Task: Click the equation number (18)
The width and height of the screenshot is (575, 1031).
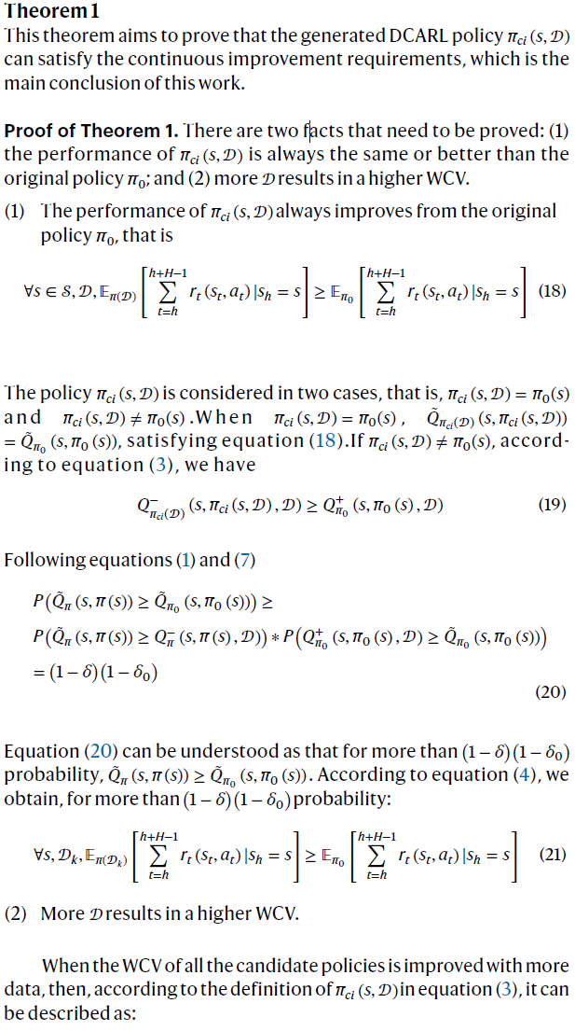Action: (552, 290)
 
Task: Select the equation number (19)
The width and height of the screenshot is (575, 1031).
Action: (552, 505)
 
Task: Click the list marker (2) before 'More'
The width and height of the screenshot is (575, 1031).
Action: (16, 913)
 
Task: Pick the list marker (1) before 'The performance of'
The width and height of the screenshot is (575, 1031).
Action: (16, 212)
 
